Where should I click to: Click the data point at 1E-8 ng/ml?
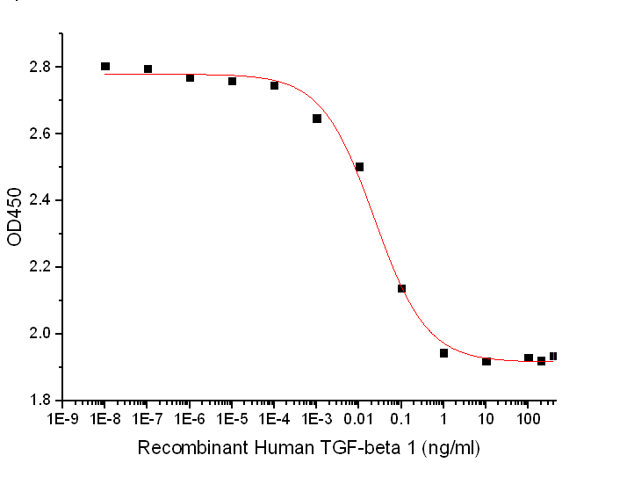pyautogui.click(x=105, y=67)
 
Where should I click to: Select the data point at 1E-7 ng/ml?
pyautogui.click(x=148, y=69)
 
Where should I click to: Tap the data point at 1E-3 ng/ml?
pyautogui.click(x=317, y=119)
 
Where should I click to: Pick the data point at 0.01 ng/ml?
pyautogui.click(x=359, y=167)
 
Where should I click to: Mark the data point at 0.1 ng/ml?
pyautogui.click(x=401, y=288)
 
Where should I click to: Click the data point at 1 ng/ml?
pyautogui.click(x=443, y=353)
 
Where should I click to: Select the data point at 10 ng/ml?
pyautogui.click(x=486, y=361)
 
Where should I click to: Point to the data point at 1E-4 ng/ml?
pyautogui.click(x=274, y=85)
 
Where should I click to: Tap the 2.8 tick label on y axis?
pyautogui.click(x=42, y=67)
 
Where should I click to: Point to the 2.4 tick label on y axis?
pyautogui.click(x=42, y=200)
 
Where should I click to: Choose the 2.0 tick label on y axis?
pyautogui.click(x=42, y=334)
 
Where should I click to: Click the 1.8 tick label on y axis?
pyautogui.click(x=42, y=401)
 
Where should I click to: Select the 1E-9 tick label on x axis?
pyautogui.click(x=63, y=420)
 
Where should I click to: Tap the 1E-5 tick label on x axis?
pyautogui.click(x=232, y=420)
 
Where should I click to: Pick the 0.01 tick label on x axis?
pyautogui.click(x=358, y=420)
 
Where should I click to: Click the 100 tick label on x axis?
pyautogui.click(x=528, y=420)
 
